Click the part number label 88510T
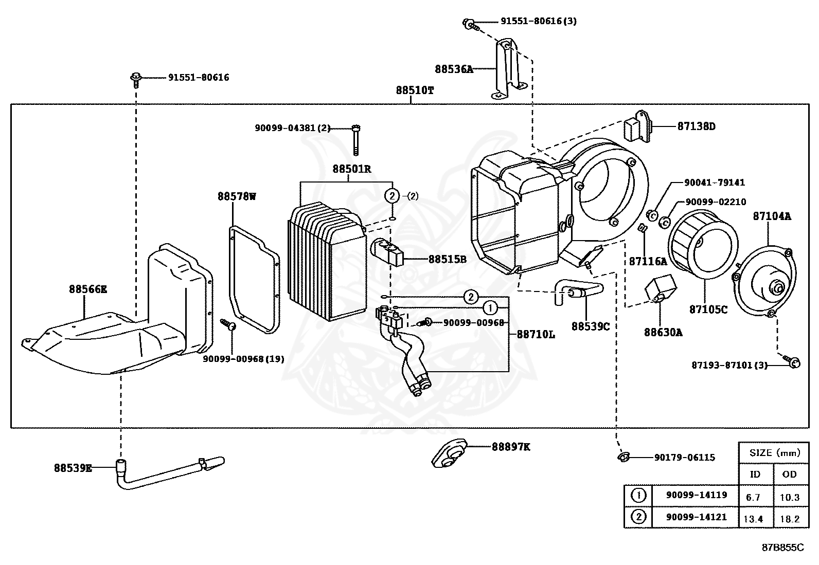[415, 90]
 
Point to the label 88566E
[88, 289]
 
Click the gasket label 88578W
[236, 196]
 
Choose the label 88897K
[510, 447]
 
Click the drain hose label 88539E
[73, 468]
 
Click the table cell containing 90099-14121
[696, 517]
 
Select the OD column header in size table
[789, 474]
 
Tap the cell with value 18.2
[790, 519]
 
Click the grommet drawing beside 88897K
[449, 453]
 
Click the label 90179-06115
[684, 457]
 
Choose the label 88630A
[663, 332]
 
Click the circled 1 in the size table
[638, 496]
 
